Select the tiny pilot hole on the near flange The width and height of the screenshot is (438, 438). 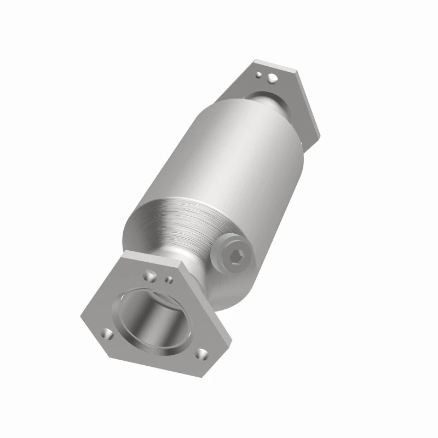pos(169,280)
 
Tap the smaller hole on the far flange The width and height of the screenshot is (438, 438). pos(263,71)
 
